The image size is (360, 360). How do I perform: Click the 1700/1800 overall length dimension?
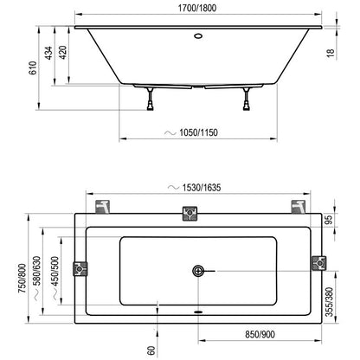coord(197,8)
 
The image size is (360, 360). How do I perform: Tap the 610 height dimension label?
coord(33,68)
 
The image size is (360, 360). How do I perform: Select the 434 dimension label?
coord(49,53)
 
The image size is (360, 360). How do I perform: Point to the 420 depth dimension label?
coord(63,53)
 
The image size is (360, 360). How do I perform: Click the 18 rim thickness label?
coord(331,53)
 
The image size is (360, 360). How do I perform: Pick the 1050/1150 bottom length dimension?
coord(198,132)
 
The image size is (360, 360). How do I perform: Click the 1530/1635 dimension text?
coord(202,188)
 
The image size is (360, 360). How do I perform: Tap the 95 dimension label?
coord(329,220)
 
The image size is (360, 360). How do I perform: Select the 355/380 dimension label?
coord(329,302)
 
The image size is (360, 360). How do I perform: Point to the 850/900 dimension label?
coord(260,335)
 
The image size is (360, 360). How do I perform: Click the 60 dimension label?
coord(151,350)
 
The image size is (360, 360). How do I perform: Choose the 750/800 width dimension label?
coord(22,279)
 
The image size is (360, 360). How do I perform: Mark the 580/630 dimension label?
coord(37,271)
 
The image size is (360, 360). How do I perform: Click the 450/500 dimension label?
coord(55,271)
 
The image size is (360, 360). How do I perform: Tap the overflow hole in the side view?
coord(198,36)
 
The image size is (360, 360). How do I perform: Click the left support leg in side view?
coord(151,99)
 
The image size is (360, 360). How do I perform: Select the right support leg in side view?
coord(247,99)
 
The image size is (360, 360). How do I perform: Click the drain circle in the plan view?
coord(198,271)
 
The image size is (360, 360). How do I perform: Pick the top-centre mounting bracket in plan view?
coord(190,214)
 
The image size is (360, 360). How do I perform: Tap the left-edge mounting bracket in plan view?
coord(80,268)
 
